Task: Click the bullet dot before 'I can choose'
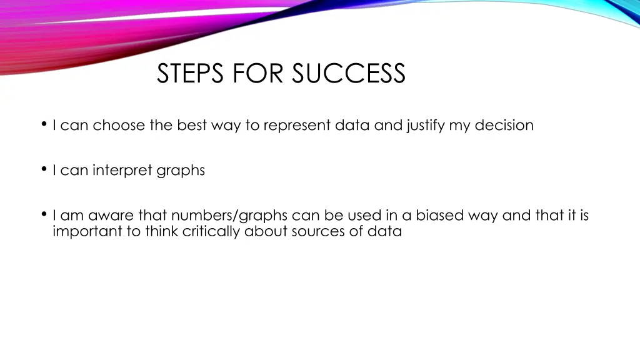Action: (x=44, y=124)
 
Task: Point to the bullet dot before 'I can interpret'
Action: (x=44, y=169)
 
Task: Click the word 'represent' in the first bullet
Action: (x=297, y=126)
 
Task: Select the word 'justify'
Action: (x=426, y=126)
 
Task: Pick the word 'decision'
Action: (x=504, y=125)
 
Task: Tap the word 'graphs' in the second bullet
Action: (x=181, y=171)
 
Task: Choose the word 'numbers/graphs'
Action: (x=229, y=216)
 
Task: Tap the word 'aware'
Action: (x=111, y=216)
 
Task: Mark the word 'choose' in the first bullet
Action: (x=119, y=125)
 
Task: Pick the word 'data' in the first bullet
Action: (x=352, y=125)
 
